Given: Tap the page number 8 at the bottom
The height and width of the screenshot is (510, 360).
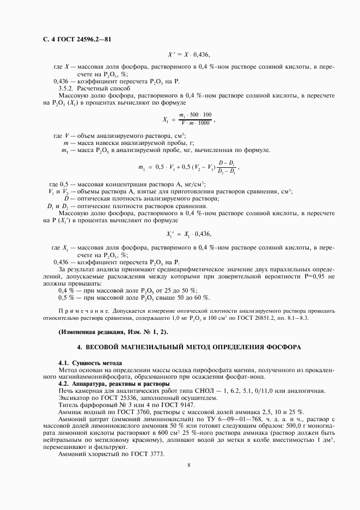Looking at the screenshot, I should click(x=188, y=465).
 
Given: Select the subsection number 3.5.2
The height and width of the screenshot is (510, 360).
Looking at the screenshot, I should click(x=67, y=88).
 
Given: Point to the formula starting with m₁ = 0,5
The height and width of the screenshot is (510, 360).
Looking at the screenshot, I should click(x=189, y=167).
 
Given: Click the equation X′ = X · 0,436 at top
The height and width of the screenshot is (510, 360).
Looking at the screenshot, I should click(x=188, y=55).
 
